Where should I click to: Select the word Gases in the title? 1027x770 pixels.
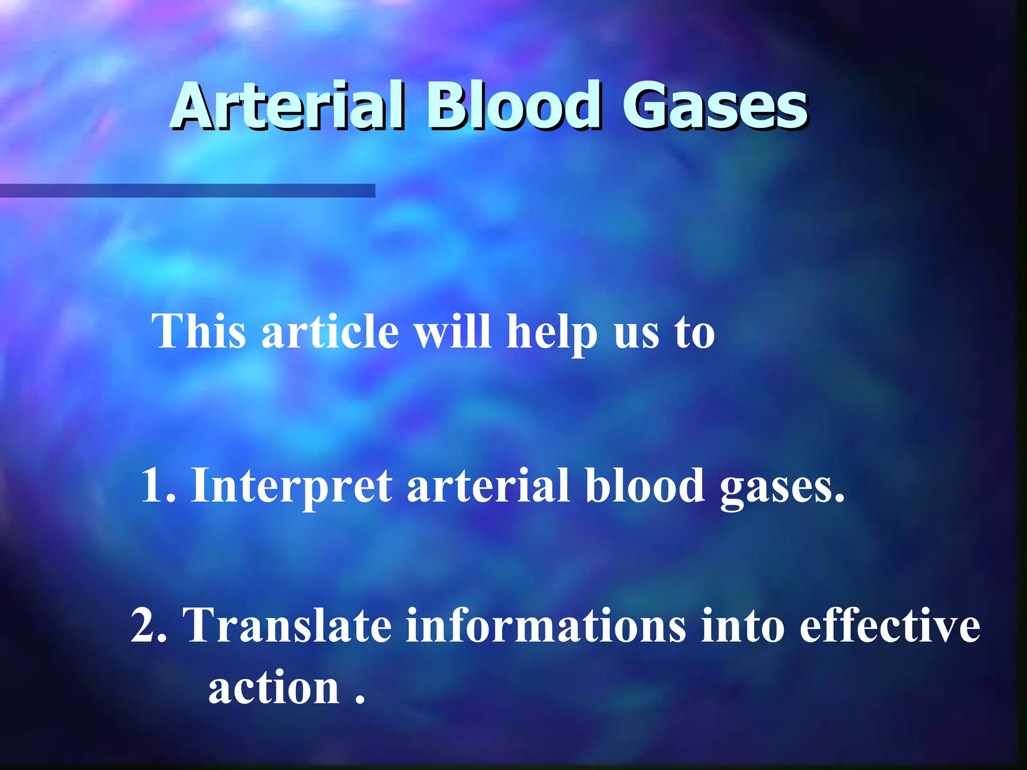click(715, 106)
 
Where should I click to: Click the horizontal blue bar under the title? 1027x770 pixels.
click(188, 190)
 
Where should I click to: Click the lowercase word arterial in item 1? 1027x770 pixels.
click(488, 485)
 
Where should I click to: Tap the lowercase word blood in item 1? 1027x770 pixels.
click(645, 485)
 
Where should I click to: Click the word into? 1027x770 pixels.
click(742, 625)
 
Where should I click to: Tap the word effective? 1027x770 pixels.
click(890, 625)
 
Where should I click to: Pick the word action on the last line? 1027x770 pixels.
click(274, 688)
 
